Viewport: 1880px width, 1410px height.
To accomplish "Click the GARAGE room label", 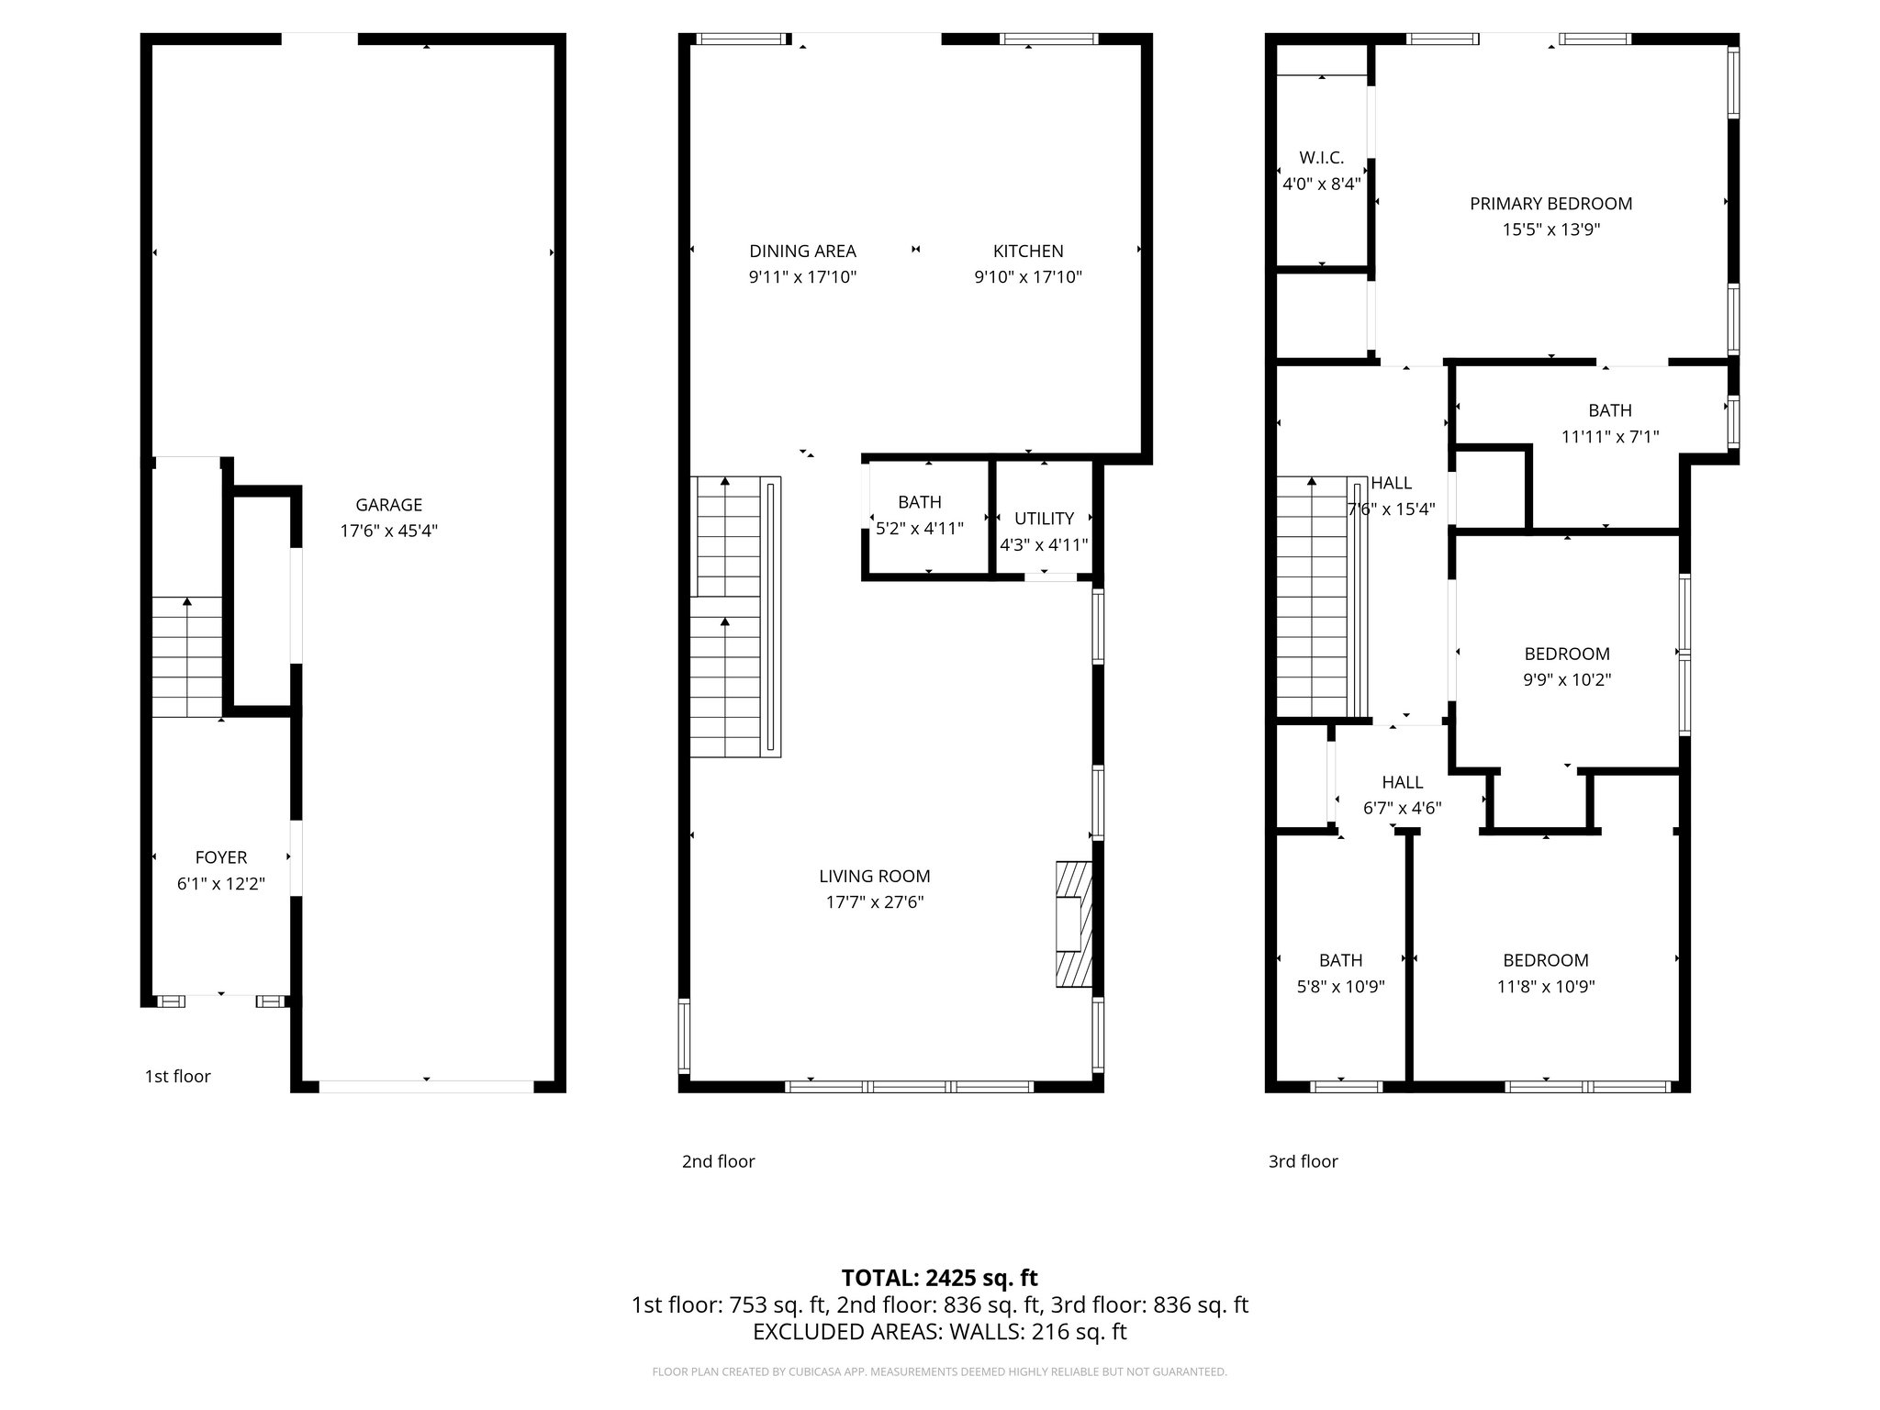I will click(388, 505).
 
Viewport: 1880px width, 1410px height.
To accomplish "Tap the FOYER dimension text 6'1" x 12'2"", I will click(220, 884).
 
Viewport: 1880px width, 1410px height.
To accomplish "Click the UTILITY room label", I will click(1044, 519).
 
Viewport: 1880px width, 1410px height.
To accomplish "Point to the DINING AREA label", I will click(802, 251).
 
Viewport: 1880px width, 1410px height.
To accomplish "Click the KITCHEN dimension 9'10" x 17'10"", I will click(1028, 277).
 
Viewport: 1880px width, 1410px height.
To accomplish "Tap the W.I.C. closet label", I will click(1321, 158).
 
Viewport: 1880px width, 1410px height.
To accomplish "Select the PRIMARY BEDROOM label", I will click(1550, 204).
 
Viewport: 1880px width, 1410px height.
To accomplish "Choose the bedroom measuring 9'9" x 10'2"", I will click(1567, 666).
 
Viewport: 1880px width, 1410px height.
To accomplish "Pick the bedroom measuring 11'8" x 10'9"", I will click(1546, 973).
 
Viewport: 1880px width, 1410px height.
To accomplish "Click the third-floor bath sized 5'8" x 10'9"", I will click(1340, 973).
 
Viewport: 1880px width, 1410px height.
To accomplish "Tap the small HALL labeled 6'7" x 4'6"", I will click(1402, 795).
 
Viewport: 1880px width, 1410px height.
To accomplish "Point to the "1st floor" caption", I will click(177, 1077).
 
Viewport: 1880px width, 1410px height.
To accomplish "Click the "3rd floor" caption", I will click(1303, 1161).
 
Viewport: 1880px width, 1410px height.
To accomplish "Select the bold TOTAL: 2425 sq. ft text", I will click(939, 1278).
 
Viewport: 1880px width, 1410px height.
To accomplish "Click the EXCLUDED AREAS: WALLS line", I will click(939, 1332).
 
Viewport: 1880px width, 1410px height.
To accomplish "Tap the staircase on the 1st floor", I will click(187, 656).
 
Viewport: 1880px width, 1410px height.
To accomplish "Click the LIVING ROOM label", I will click(874, 877).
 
